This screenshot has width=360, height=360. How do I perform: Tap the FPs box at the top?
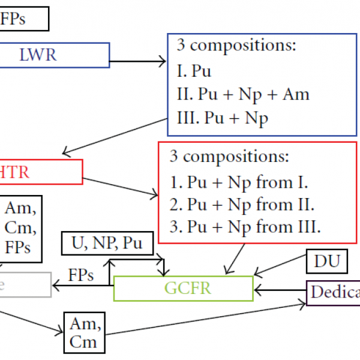[x=23, y=19]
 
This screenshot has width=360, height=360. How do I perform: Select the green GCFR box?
[x=183, y=288]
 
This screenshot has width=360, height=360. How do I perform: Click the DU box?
[x=327, y=261]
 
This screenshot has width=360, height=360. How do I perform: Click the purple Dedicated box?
[x=334, y=293]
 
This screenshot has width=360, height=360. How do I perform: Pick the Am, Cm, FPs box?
[x=20, y=229]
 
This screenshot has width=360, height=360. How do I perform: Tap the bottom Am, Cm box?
[x=84, y=333]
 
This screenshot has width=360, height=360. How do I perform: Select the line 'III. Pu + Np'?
[x=222, y=118]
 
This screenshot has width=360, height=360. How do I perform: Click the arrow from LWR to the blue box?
[x=137, y=61]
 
